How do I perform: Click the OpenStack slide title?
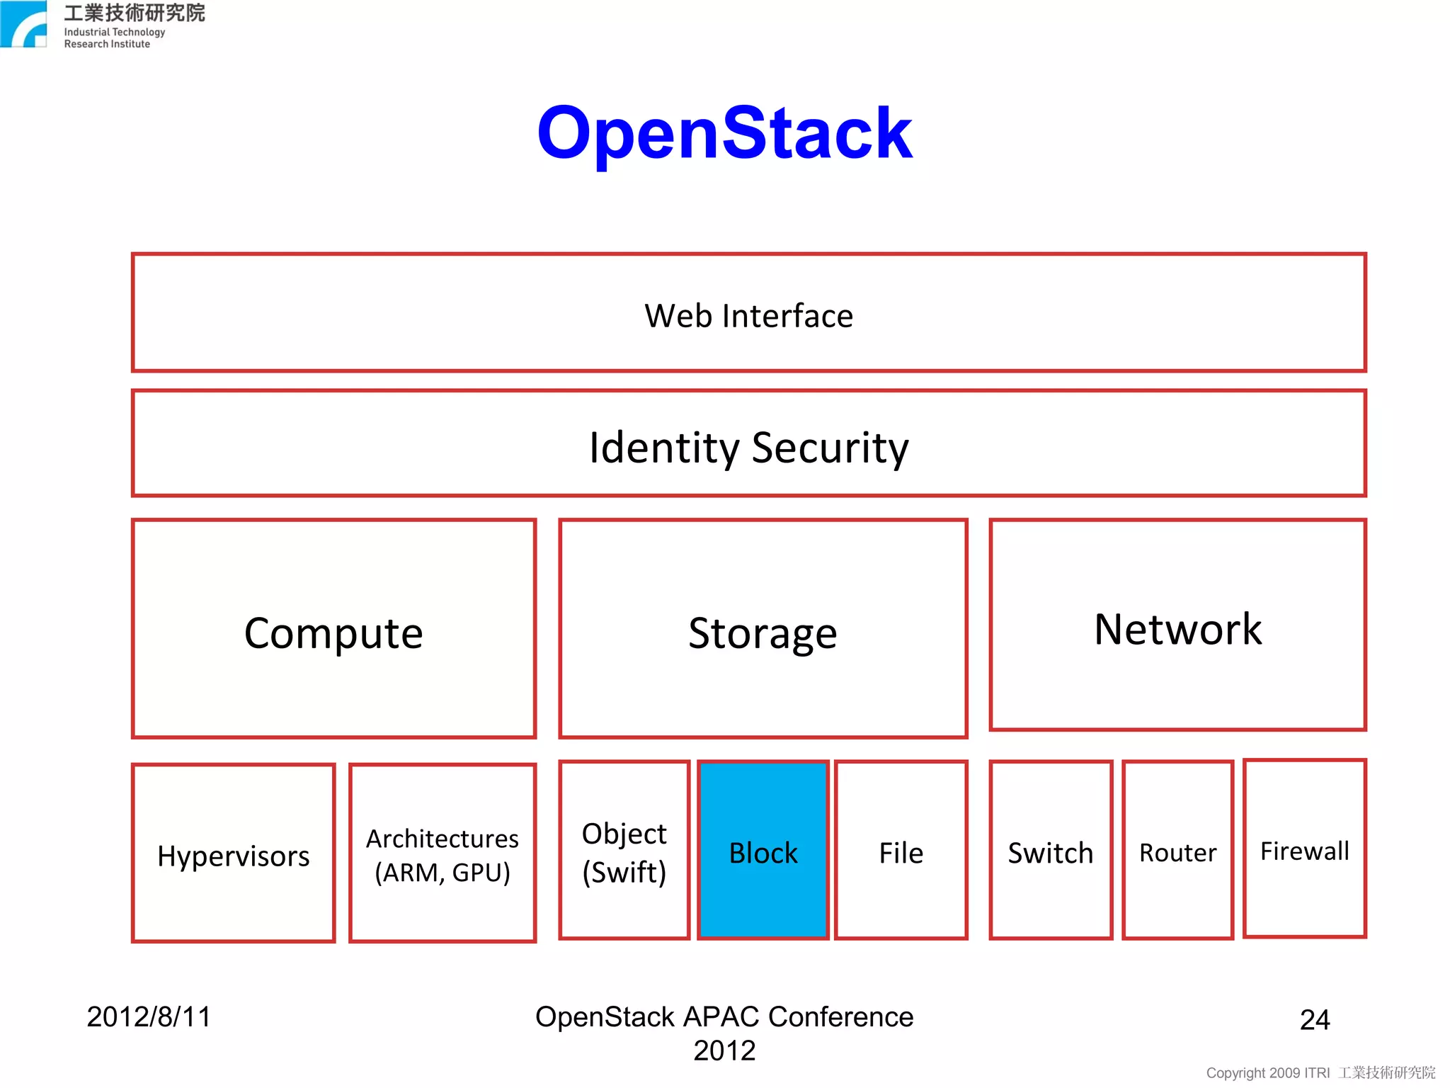tap(724, 132)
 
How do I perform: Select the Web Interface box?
tap(748, 313)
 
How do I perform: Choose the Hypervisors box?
tap(233, 854)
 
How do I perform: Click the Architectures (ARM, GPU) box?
tap(443, 854)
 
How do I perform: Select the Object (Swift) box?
tap(624, 851)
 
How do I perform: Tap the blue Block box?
tap(763, 851)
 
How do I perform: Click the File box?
tap(901, 851)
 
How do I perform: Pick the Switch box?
tap(1051, 851)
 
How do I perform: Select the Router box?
tap(1177, 851)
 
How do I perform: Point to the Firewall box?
tap(1304, 849)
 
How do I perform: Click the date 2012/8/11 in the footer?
tap(149, 1016)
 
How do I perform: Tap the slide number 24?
tap(1315, 1019)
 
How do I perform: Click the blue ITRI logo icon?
tap(23, 24)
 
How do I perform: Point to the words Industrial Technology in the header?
tap(115, 32)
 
